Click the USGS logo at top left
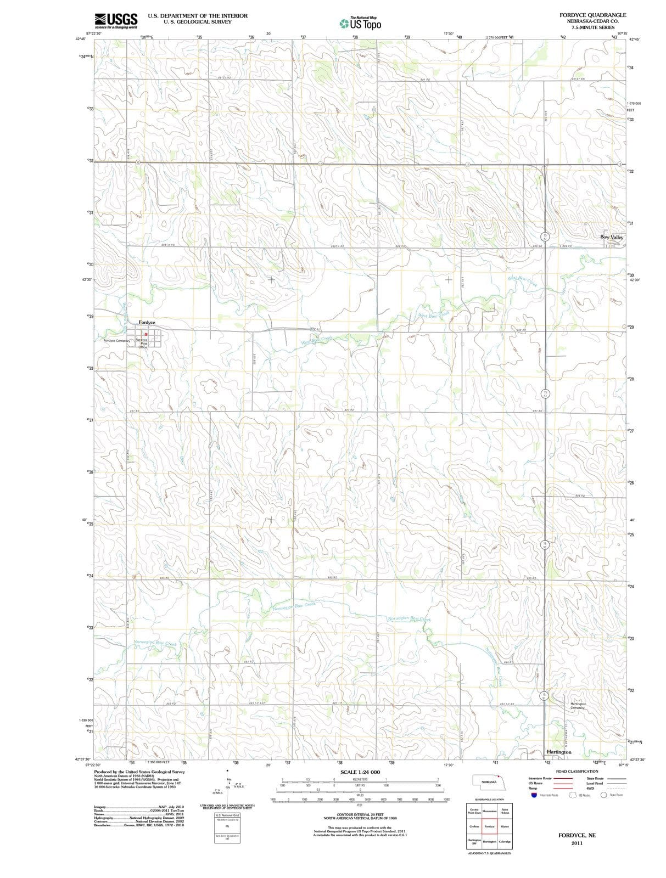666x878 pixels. click(116, 20)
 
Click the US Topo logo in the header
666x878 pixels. click(361, 23)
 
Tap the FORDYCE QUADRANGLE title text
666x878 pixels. click(592, 15)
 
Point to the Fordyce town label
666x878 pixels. click(147, 322)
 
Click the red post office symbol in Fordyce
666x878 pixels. click(146, 334)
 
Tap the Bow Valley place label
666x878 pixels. click(612, 237)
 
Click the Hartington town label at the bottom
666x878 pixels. click(559, 752)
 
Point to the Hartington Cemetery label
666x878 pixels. click(578, 706)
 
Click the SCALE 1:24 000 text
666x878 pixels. click(360, 772)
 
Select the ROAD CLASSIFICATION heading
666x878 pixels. click(577, 772)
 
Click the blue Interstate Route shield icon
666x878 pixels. click(534, 795)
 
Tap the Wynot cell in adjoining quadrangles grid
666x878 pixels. click(505, 826)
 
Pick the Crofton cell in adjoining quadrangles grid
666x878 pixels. click(474, 826)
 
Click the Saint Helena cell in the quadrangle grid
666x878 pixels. click(505, 811)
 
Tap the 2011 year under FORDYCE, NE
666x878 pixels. click(577, 843)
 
